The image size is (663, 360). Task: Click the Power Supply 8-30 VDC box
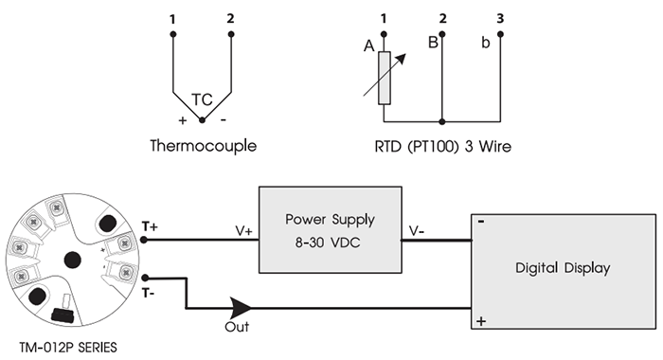click(x=330, y=230)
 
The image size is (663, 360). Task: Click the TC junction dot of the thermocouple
click(x=202, y=120)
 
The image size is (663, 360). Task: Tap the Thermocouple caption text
click(x=203, y=147)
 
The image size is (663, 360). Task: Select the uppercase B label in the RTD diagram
click(x=432, y=42)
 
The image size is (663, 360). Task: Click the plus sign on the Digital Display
click(x=482, y=321)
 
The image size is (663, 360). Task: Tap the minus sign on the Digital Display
click(x=482, y=224)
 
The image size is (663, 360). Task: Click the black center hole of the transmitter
click(x=71, y=260)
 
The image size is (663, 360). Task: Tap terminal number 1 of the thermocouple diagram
click(x=172, y=19)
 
